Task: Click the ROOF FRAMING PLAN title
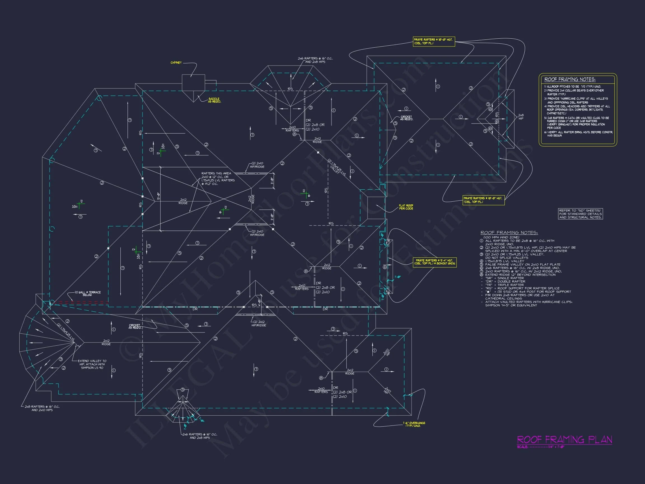coord(564,440)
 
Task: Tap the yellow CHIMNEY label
coord(176,63)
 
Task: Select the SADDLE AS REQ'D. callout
coord(214,100)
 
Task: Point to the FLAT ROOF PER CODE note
coord(406,207)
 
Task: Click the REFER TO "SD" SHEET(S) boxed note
coord(580,213)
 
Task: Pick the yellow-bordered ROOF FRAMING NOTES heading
coord(570,79)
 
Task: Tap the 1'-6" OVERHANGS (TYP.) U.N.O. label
coord(414,424)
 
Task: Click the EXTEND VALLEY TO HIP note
coord(92,364)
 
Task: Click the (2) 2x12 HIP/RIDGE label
coord(258,324)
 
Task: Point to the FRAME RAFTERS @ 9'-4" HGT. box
coord(434,262)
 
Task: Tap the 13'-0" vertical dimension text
coord(158,196)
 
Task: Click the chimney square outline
coord(193,83)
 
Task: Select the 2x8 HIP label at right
coord(521,117)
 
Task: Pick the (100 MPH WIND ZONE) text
coord(501,237)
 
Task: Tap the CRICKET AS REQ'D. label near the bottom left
coord(135,326)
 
